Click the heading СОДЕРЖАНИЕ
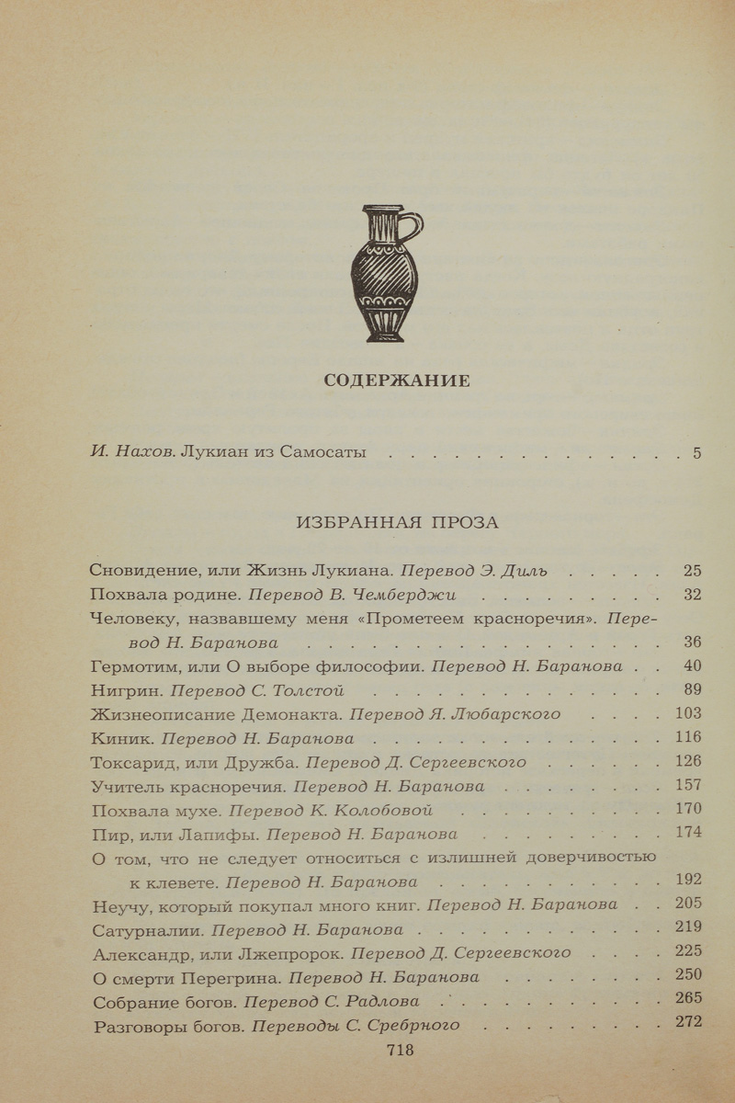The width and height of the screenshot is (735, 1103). coord(397,381)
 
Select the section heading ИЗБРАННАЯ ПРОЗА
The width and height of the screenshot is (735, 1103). coord(397,523)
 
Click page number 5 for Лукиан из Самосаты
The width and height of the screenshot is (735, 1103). coord(697,452)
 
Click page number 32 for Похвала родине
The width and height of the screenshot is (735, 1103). coord(692,594)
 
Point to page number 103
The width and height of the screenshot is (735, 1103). coord(687,713)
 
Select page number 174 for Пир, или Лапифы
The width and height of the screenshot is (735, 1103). coord(687,833)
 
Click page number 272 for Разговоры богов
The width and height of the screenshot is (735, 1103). coord(687,1022)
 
